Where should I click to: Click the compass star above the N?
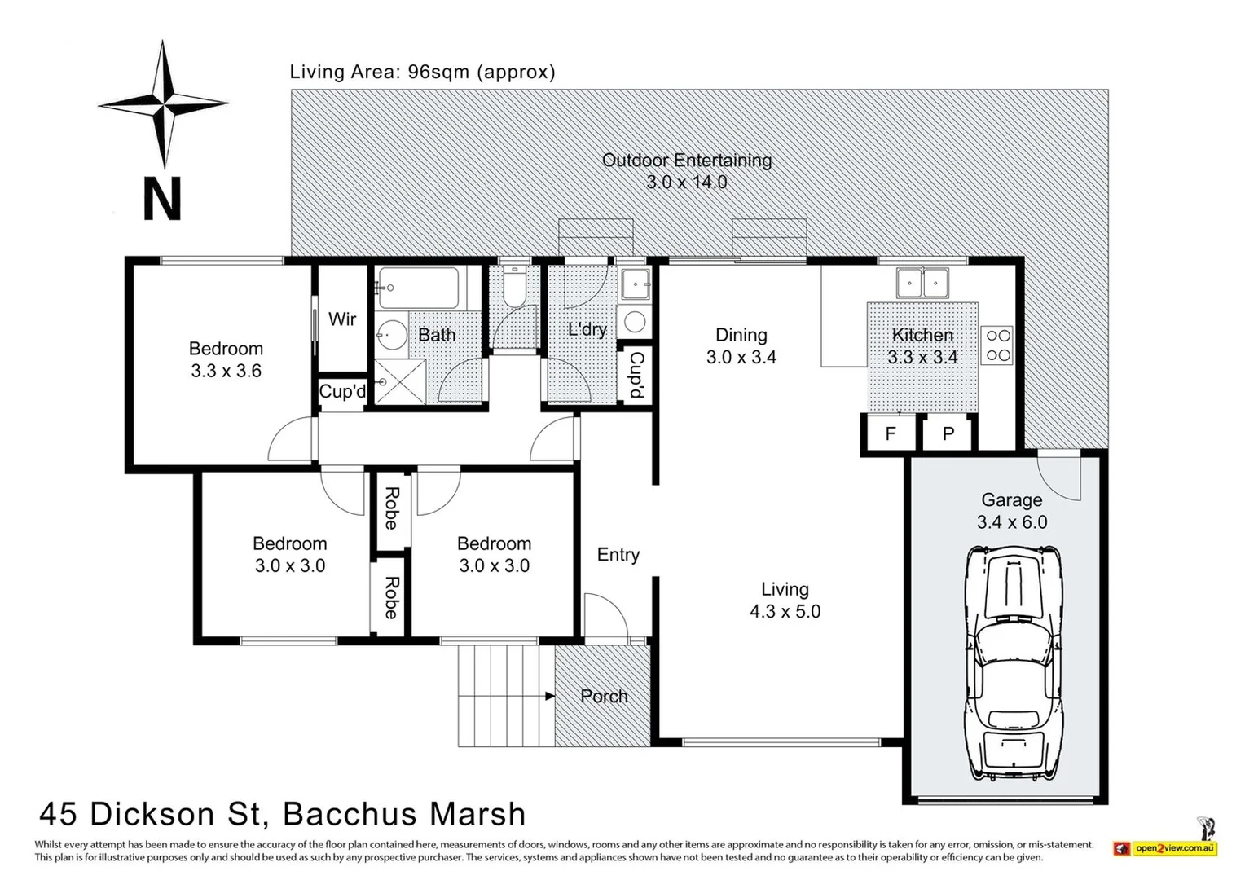pos(163,104)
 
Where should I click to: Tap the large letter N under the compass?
pos(162,199)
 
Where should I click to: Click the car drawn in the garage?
pos(1014,663)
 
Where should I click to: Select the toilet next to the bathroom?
pos(514,286)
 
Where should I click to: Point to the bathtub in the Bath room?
pos(419,288)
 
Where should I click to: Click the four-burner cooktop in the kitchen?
pos(997,345)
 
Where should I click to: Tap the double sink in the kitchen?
pos(922,283)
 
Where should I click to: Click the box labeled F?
pos(890,433)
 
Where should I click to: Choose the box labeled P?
pos(948,433)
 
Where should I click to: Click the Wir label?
pos(342,319)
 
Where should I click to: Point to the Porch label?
pos(604,696)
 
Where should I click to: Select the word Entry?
pos(618,554)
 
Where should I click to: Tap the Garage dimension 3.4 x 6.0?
pos(1012,522)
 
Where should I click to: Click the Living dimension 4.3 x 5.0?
pos(785,611)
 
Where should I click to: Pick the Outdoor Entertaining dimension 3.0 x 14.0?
pos(687,182)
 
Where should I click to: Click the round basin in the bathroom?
pos(392,335)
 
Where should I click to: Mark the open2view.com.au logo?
pos(1166,848)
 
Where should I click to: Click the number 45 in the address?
pos(59,814)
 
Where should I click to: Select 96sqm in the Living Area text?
pos(439,72)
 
